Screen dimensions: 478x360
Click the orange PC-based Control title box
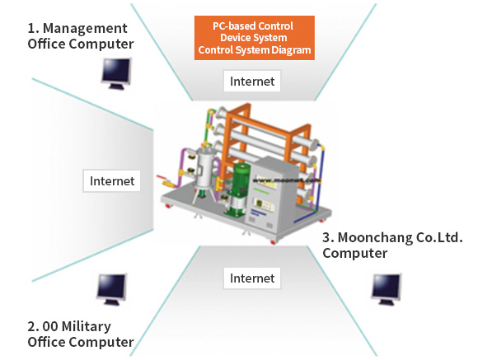coord(255,38)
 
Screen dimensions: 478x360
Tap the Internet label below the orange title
coord(252,81)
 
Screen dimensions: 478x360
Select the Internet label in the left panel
coord(112,180)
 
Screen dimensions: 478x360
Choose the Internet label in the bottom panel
coord(252,278)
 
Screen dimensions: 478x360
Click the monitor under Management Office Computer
coord(116,73)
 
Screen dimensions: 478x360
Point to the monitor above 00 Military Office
coord(111,289)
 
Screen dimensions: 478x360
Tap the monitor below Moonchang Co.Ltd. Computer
coord(387,289)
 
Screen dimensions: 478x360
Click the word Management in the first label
coord(85,29)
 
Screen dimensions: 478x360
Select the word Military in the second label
coord(87,327)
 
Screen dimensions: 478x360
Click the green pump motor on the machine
coord(239,189)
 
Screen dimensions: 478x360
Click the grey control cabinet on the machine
coord(274,195)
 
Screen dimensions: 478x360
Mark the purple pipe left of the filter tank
coord(180,166)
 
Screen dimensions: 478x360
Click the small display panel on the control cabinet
coord(265,204)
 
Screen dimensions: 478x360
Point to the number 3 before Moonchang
coord(326,238)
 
